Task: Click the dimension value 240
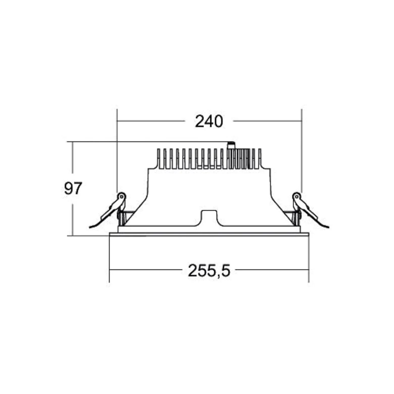pos(209,121)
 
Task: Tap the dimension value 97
pos(73,188)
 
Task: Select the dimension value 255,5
pos(209,271)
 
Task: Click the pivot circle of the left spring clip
pos(122,196)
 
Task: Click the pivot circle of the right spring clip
pos(297,196)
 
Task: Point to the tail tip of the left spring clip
pos(90,228)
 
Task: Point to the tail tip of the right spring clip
pos(328,227)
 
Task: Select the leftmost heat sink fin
pos(159,158)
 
